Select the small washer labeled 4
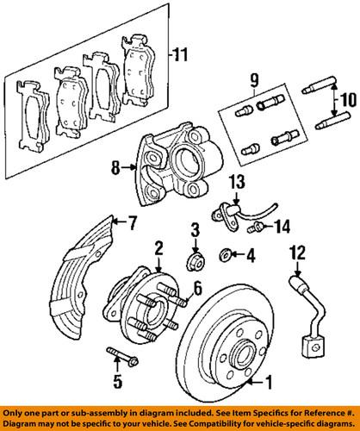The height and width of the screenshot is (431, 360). click(227, 254)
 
